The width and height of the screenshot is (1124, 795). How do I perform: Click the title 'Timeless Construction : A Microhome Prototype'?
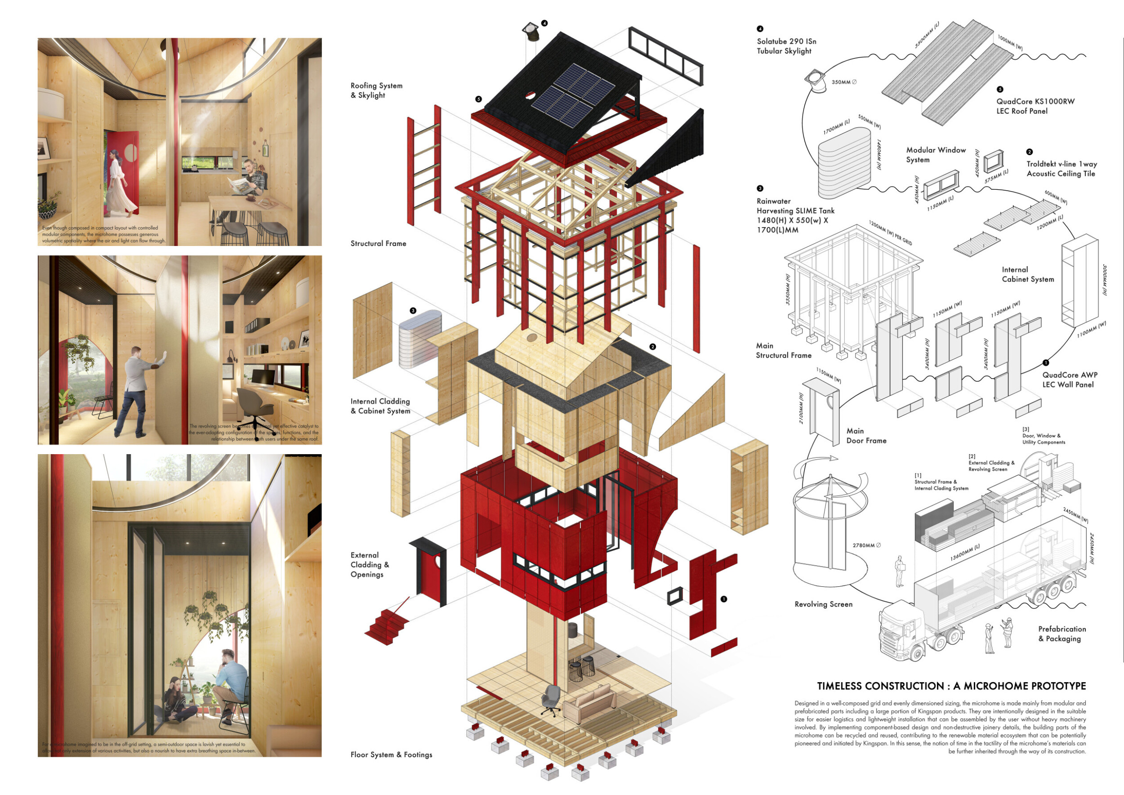click(951, 686)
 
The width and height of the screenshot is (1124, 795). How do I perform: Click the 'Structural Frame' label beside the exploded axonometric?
click(378, 243)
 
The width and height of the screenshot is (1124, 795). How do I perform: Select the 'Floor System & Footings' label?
click(391, 755)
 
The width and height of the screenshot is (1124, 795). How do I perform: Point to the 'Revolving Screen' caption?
click(823, 604)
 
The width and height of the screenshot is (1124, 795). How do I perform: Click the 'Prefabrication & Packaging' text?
click(1062, 634)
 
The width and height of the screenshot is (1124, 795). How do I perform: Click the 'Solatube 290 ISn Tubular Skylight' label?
click(786, 46)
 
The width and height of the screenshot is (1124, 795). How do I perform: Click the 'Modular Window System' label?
click(936, 155)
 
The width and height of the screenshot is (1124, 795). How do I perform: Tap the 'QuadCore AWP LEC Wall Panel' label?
click(1069, 380)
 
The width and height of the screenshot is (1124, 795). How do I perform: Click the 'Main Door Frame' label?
click(866, 436)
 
